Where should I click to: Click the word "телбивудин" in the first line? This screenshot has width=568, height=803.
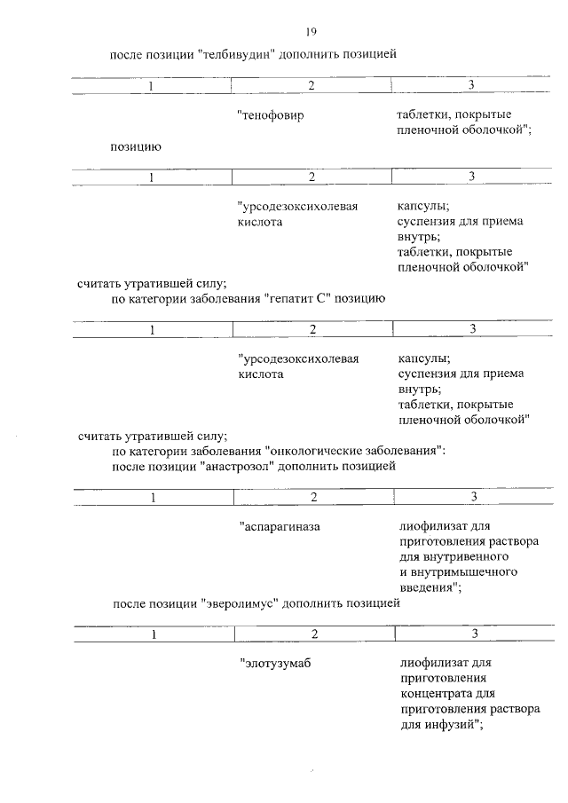(233, 54)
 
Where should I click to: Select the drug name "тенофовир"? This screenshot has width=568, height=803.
(271, 116)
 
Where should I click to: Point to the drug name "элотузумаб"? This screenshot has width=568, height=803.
(276, 663)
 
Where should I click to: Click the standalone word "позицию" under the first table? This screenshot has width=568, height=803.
(135, 146)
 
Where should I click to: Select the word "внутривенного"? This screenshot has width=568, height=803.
(454, 557)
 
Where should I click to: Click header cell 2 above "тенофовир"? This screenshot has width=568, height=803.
(312, 85)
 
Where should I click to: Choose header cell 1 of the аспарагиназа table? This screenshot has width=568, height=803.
(153, 497)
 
